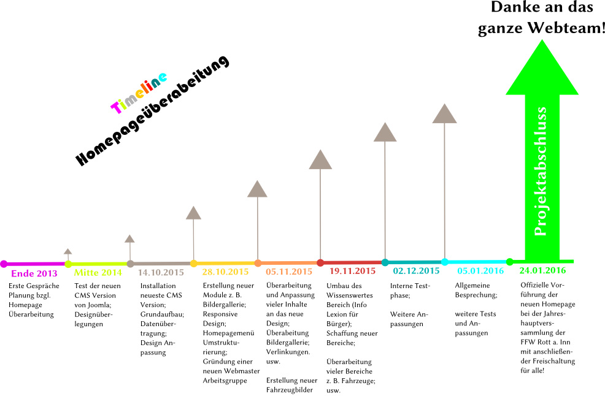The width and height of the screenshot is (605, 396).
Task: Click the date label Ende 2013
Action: (x=34, y=273)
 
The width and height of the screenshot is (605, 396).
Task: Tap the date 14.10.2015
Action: (x=161, y=272)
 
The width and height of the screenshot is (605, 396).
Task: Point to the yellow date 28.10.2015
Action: (x=225, y=272)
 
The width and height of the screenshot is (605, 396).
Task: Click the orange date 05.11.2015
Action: (x=288, y=271)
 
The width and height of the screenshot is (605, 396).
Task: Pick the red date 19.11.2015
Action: (x=352, y=270)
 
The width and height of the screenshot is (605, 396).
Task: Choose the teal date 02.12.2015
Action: (x=416, y=270)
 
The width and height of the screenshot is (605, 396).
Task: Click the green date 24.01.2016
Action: (x=542, y=270)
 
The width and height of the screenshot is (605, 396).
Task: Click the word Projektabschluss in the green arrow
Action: (x=541, y=171)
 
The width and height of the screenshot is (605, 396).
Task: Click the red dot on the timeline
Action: (x=320, y=262)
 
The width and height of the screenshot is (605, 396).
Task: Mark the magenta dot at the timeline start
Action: (x=4, y=264)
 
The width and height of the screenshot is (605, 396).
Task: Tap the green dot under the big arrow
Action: (x=510, y=262)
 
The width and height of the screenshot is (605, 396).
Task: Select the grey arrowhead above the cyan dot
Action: (x=444, y=114)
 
